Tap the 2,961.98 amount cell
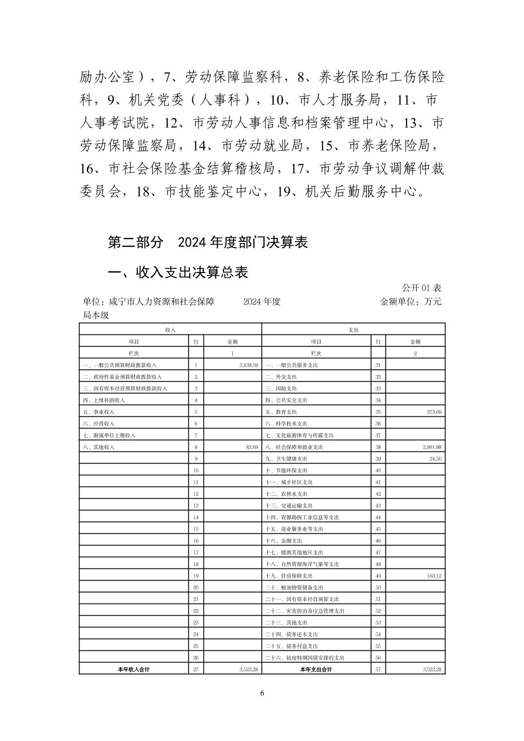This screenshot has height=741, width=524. [x=431, y=447]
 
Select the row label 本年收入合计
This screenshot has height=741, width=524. [x=134, y=669]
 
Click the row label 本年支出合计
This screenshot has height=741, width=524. [x=316, y=669]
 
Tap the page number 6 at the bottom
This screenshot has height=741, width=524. [x=262, y=693]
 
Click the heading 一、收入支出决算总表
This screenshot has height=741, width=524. [x=178, y=272]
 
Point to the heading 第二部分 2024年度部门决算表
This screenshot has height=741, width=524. [x=208, y=242]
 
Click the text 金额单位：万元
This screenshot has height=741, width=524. [x=410, y=302]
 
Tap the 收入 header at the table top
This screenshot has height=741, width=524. [x=170, y=330]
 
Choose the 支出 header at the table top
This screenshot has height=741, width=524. [x=353, y=330]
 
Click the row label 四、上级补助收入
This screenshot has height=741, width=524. [x=104, y=400]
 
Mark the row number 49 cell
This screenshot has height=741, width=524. [x=378, y=576]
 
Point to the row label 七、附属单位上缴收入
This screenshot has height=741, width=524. [x=109, y=435]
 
